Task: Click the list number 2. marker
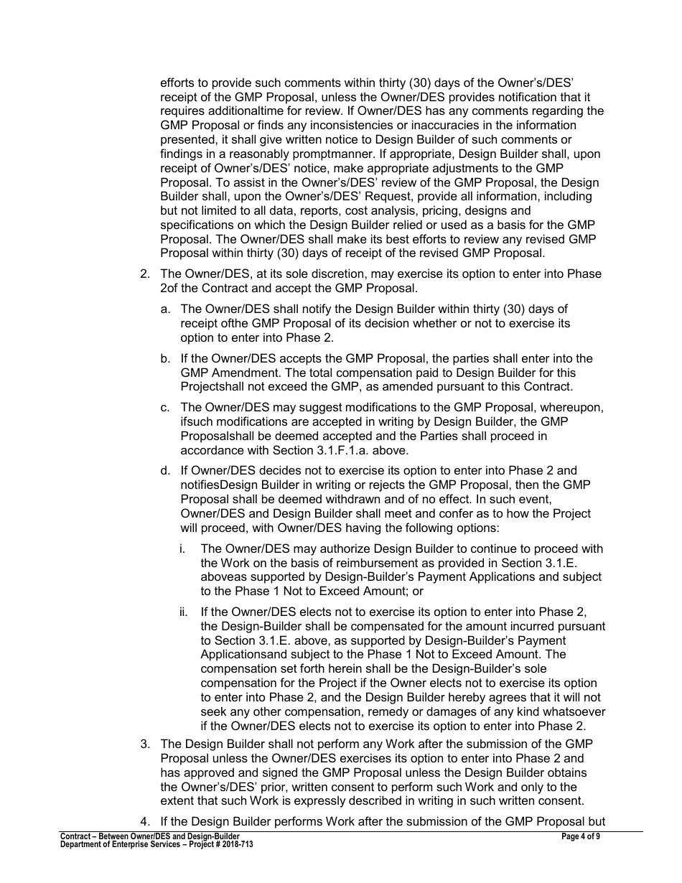(144, 274)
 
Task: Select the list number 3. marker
(144, 744)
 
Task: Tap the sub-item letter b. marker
(165, 358)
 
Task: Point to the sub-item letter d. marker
(165, 471)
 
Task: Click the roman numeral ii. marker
(184, 612)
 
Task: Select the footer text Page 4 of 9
(581, 836)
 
